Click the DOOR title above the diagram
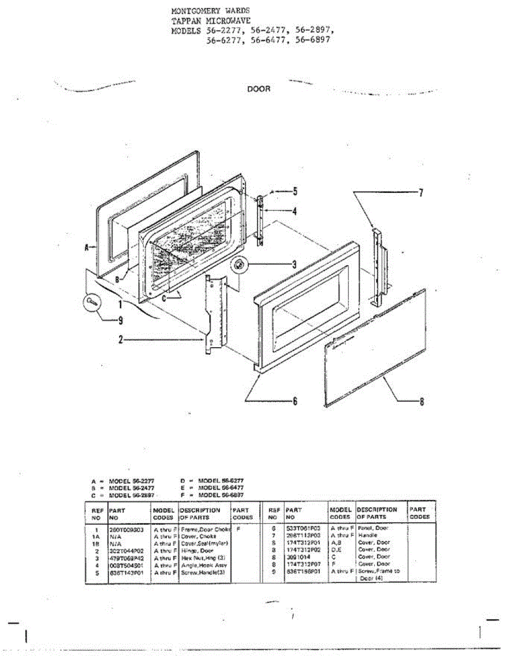[x=259, y=89]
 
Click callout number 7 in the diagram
[x=421, y=192]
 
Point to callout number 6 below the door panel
[x=295, y=401]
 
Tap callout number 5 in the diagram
[x=295, y=191]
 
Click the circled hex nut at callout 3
[x=240, y=265]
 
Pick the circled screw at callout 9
[x=92, y=301]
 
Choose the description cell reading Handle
[x=368, y=536]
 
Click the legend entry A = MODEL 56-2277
[x=123, y=481]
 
